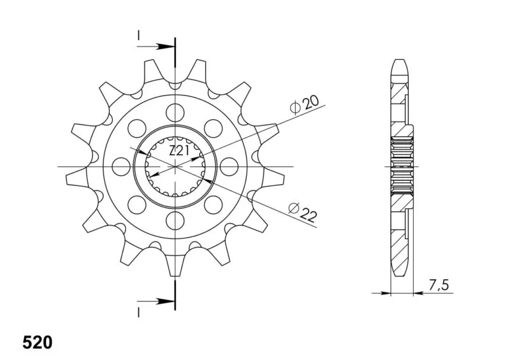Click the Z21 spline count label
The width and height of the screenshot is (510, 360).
(178, 151)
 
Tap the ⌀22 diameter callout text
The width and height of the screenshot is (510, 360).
(302, 212)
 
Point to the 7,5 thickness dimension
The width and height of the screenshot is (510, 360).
(439, 285)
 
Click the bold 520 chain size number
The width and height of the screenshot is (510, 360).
(38, 342)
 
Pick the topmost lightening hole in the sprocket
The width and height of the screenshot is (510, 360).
(175, 113)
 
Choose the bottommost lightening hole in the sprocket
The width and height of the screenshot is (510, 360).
(175, 220)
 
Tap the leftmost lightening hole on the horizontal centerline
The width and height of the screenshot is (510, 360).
(121, 166)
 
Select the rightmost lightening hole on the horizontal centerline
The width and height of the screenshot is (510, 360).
(229, 166)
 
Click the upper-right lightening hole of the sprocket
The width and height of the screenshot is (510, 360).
(214, 129)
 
